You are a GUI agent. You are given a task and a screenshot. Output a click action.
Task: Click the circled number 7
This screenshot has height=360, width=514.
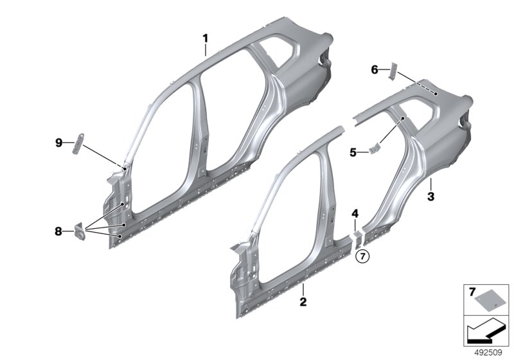click(362, 256)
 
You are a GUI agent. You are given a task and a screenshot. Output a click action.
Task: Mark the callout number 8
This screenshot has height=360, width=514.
click(59, 230)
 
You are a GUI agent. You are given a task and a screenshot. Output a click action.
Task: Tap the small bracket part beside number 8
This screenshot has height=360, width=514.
click(81, 230)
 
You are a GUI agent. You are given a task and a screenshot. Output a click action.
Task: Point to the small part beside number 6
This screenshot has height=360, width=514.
click(394, 70)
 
